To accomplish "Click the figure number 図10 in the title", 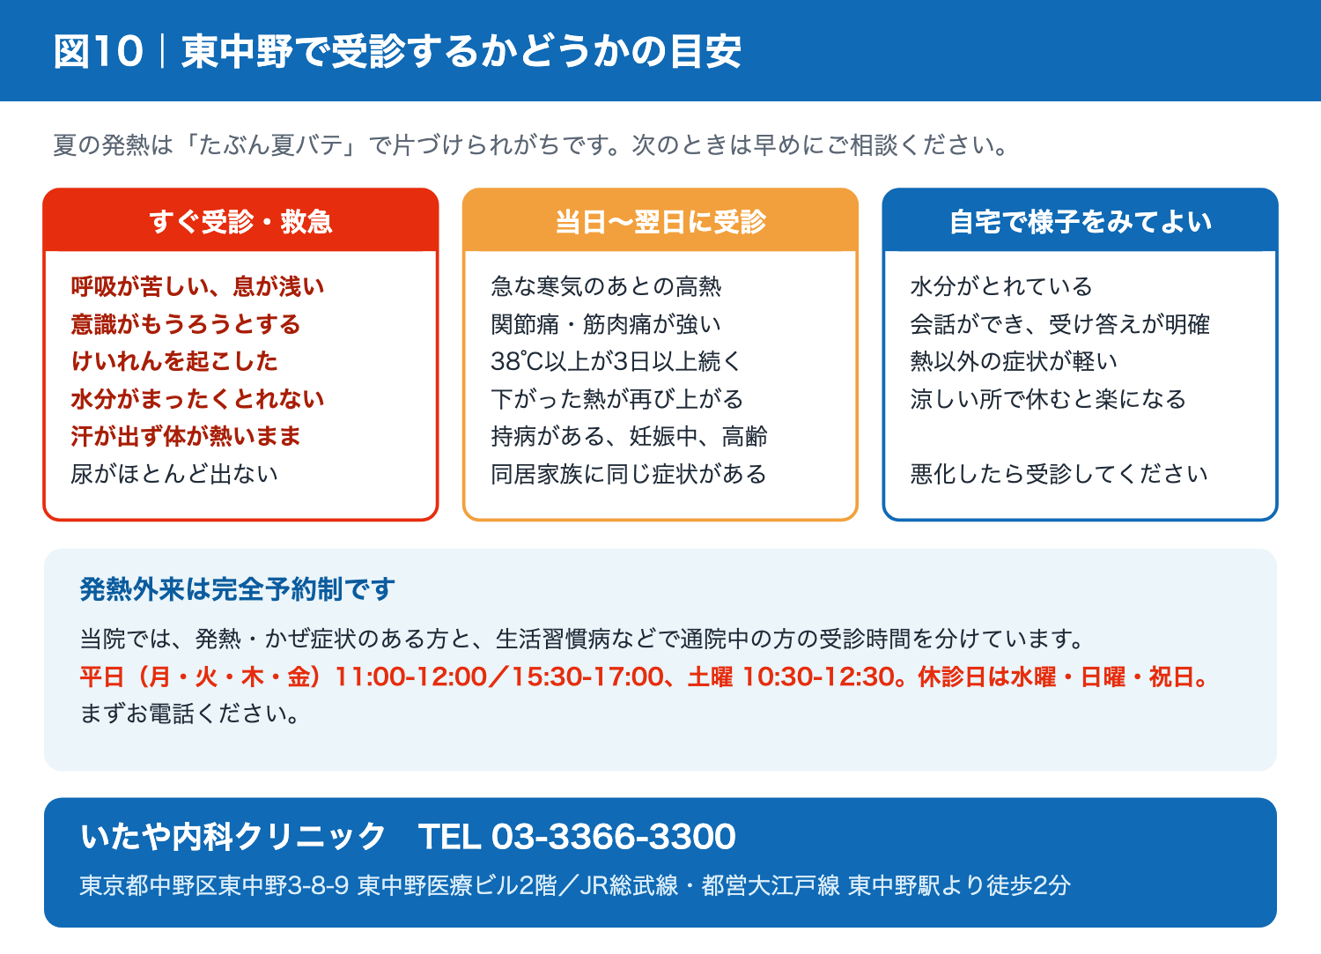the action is (x=99, y=51).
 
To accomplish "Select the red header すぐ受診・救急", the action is (x=240, y=222).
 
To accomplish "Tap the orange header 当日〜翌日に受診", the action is (x=660, y=222).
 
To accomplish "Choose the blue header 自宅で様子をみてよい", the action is (x=1081, y=222).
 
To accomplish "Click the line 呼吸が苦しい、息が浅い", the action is (x=197, y=286).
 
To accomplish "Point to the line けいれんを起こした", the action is (x=174, y=361).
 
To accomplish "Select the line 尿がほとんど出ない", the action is (x=174, y=474).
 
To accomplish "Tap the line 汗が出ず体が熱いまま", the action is (x=186, y=436).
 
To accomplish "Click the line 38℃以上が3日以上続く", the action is (x=616, y=361).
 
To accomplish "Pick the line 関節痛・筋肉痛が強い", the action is (x=606, y=324).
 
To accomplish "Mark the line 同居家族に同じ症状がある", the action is (x=629, y=474).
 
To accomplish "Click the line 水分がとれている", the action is (x=1001, y=286).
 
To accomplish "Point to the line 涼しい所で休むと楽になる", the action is (x=1048, y=399).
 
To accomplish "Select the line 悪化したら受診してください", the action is (x=1059, y=474).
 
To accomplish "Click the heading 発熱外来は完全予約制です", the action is (x=237, y=588).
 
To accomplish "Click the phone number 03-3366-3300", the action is (x=613, y=836).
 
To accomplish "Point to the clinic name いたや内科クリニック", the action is (x=233, y=836).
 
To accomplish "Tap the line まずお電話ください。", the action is (x=190, y=714).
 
